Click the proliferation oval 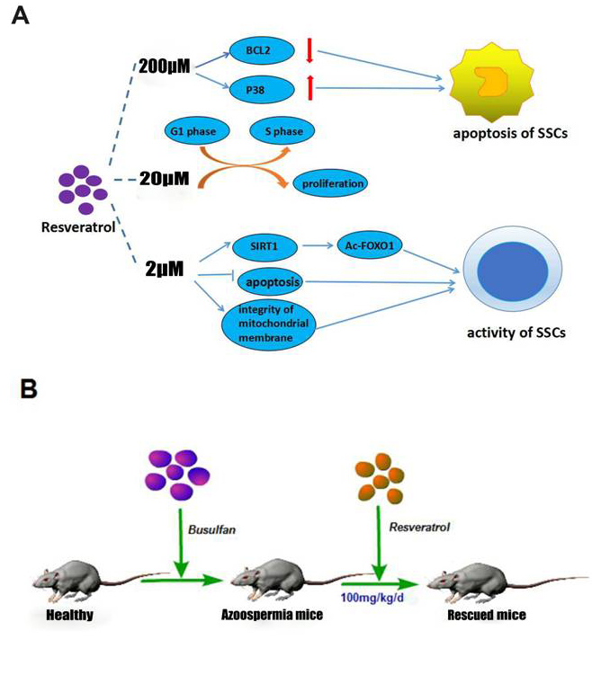point(333,183)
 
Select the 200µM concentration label point(165,66)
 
